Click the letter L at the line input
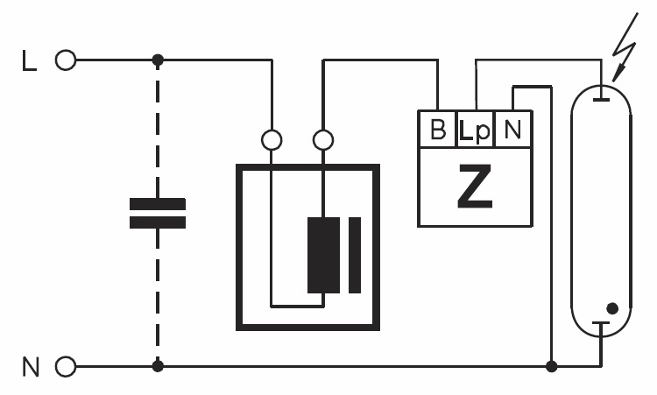(x=28, y=61)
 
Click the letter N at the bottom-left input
(x=31, y=366)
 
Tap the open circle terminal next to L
(x=65, y=60)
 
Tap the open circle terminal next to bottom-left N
(x=65, y=366)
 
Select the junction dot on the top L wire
(x=158, y=60)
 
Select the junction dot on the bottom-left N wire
(x=158, y=366)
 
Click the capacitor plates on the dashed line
(x=158, y=213)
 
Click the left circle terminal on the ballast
(x=272, y=139)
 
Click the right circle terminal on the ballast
(x=323, y=139)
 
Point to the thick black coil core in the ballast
(x=322, y=255)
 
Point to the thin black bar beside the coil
(x=354, y=255)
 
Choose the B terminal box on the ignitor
(x=437, y=130)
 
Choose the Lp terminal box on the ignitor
(x=475, y=130)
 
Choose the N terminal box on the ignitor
(x=512, y=130)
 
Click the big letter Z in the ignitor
(x=475, y=188)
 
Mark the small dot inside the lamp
(x=612, y=308)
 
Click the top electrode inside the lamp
(x=600, y=97)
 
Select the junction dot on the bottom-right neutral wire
(x=551, y=366)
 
